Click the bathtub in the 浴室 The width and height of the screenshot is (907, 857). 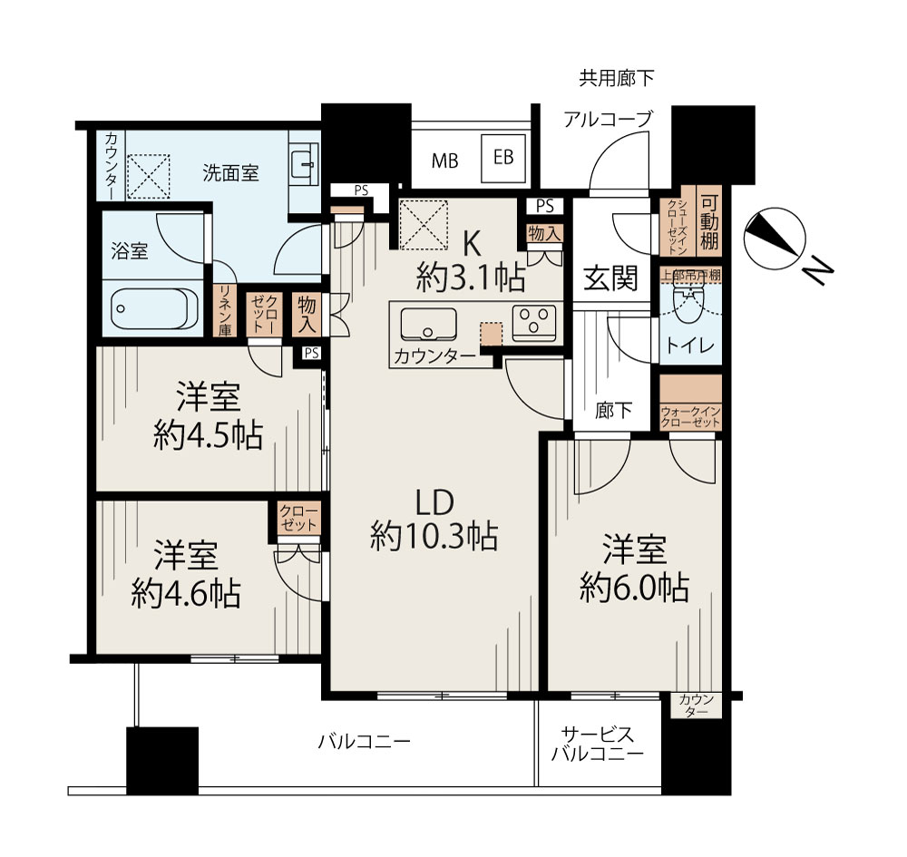pyautogui.click(x=150, y=309)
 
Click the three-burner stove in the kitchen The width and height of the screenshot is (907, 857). pyautogui.click(x=534, y=323)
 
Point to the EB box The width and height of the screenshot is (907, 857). pyautogui.click(x=503, y=158)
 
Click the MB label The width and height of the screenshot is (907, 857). pyautogui.click(x=444, y=161)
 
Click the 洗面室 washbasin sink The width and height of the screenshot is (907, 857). pyautogui.click(x=304, y=164)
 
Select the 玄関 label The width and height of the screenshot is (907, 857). pyautogui.click(x=610, y=278)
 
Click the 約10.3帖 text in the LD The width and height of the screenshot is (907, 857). pyautogui.click(x=434, y=537)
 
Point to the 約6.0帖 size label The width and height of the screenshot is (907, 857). pyautogui.click(x=634, y=588)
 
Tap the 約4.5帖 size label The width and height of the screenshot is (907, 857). pyautogui.click(x=209, y=435)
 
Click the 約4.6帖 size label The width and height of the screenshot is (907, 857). pyautogui.click(x=186, y=593)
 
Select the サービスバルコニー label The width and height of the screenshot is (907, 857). pyautogui.click(x=598, y=745)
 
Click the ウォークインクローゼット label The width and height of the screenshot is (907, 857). pyautogui.click(x=690, y=417)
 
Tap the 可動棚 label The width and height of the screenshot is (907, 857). pyautogui.click(x=709, y=222)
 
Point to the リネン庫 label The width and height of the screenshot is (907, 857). pyautogui.click(x=225, y=311)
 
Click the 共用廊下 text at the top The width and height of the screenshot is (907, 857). pyautogui.click(x=617, y=78)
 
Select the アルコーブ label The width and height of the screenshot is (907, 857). pyautogui.click(x=608, y=120)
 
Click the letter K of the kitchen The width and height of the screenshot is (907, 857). pyautogui.click(x=472, y=245)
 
